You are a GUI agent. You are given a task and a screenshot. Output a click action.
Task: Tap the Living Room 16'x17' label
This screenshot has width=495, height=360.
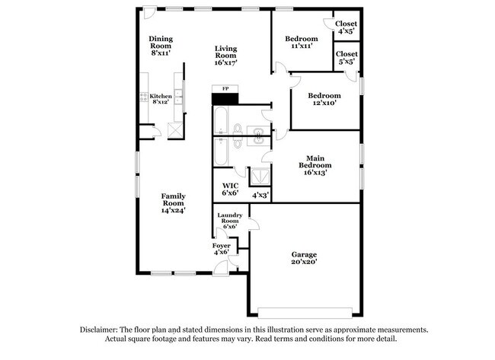point(226,56)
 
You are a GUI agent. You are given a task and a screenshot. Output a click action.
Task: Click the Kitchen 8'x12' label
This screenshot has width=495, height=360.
point(160,99)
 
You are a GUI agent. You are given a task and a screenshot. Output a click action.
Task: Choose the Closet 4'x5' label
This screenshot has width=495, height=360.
point(346,28)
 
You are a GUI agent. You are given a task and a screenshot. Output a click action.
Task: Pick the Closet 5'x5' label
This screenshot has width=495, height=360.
point(346,59)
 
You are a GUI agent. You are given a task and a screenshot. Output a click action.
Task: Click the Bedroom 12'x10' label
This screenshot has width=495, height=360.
point(324,100)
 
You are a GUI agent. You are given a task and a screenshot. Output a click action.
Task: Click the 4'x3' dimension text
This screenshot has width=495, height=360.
point(260,195)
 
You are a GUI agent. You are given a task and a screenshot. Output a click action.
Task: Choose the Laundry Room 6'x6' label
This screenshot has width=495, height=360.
point(230,221)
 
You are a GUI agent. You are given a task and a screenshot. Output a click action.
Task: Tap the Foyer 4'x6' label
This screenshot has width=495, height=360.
point(221,249)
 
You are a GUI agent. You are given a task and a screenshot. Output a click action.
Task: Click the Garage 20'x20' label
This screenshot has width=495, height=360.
point(304,258)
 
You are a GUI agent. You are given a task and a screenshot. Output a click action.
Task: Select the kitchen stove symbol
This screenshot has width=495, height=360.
point(143,97)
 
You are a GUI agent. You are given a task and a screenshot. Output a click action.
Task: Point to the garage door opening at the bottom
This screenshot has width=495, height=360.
point(305,311)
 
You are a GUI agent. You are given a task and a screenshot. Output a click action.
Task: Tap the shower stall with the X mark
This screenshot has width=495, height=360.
point(260,174)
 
